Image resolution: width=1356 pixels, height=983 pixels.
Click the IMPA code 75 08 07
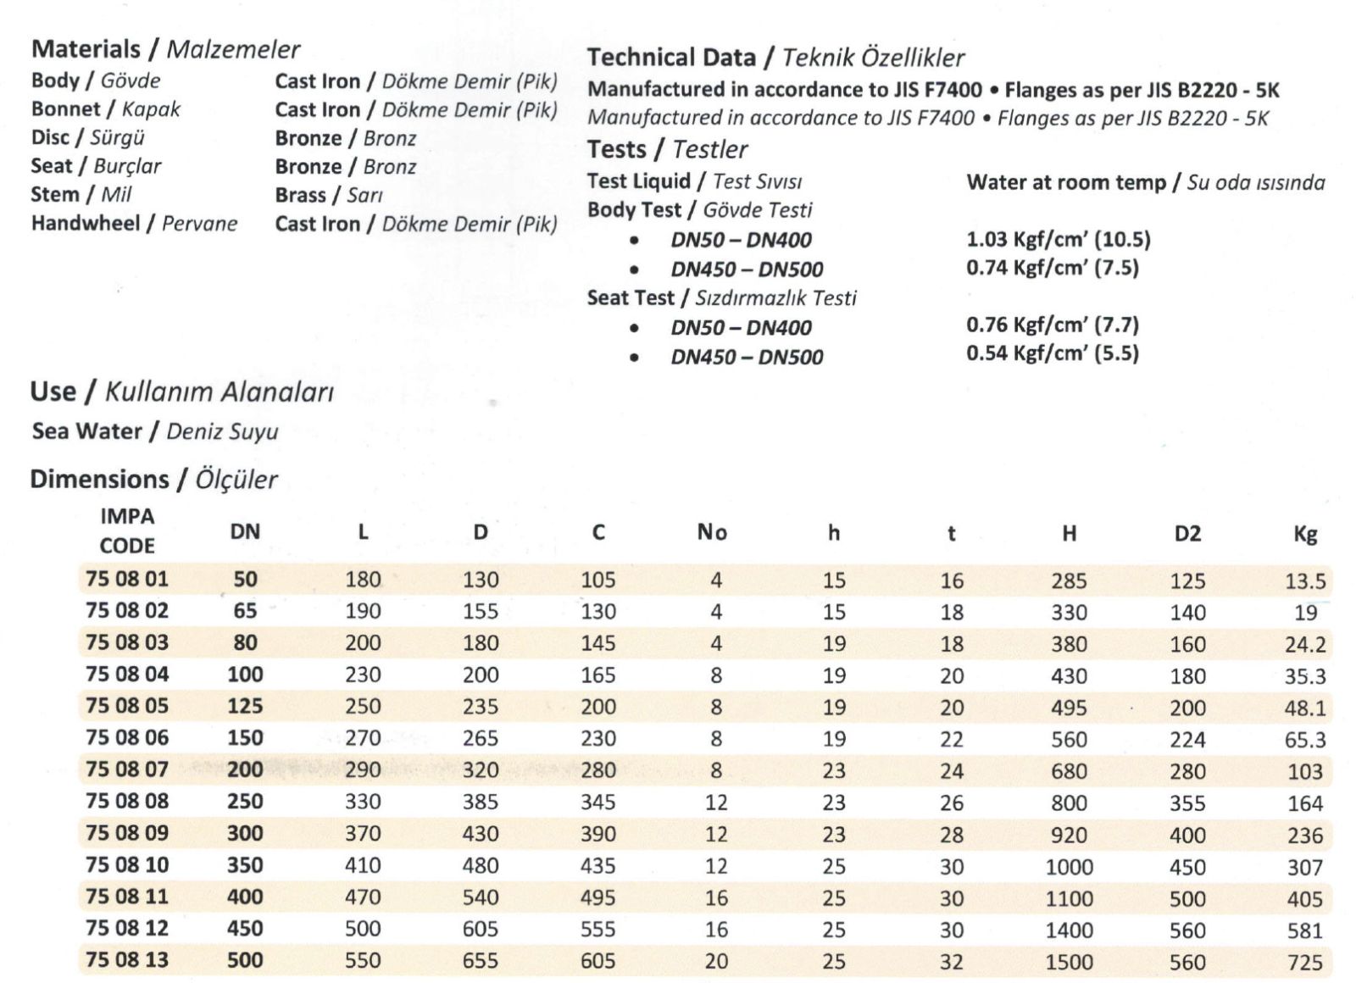point(127,769)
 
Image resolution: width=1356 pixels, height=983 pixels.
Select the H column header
point(1069,533)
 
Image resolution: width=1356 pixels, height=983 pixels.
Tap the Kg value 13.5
point(1305,581)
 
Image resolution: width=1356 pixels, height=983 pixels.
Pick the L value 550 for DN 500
point(363,961)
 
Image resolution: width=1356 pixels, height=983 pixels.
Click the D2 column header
point(1187,534)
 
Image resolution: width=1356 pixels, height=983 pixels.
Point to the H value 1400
point(1069,930)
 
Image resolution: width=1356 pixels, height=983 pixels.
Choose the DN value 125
point(245,706)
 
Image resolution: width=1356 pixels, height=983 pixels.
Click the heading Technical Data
point(671,58)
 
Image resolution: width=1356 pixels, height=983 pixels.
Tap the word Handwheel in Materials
point(86,224)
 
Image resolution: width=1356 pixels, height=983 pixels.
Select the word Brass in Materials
point(300,195)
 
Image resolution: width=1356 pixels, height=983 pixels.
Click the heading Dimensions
point(99,480)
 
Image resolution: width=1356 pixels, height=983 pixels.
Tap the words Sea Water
point(86,431)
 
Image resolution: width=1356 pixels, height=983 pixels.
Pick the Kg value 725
point(1304,963)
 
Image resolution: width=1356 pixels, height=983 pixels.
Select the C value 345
point(598,803)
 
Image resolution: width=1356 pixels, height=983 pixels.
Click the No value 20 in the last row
point(716,961)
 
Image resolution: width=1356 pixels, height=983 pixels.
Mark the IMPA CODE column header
point(127,531)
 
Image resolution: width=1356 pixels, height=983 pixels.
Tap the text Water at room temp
point(1065,182)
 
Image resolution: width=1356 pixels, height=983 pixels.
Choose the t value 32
point(952,962)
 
